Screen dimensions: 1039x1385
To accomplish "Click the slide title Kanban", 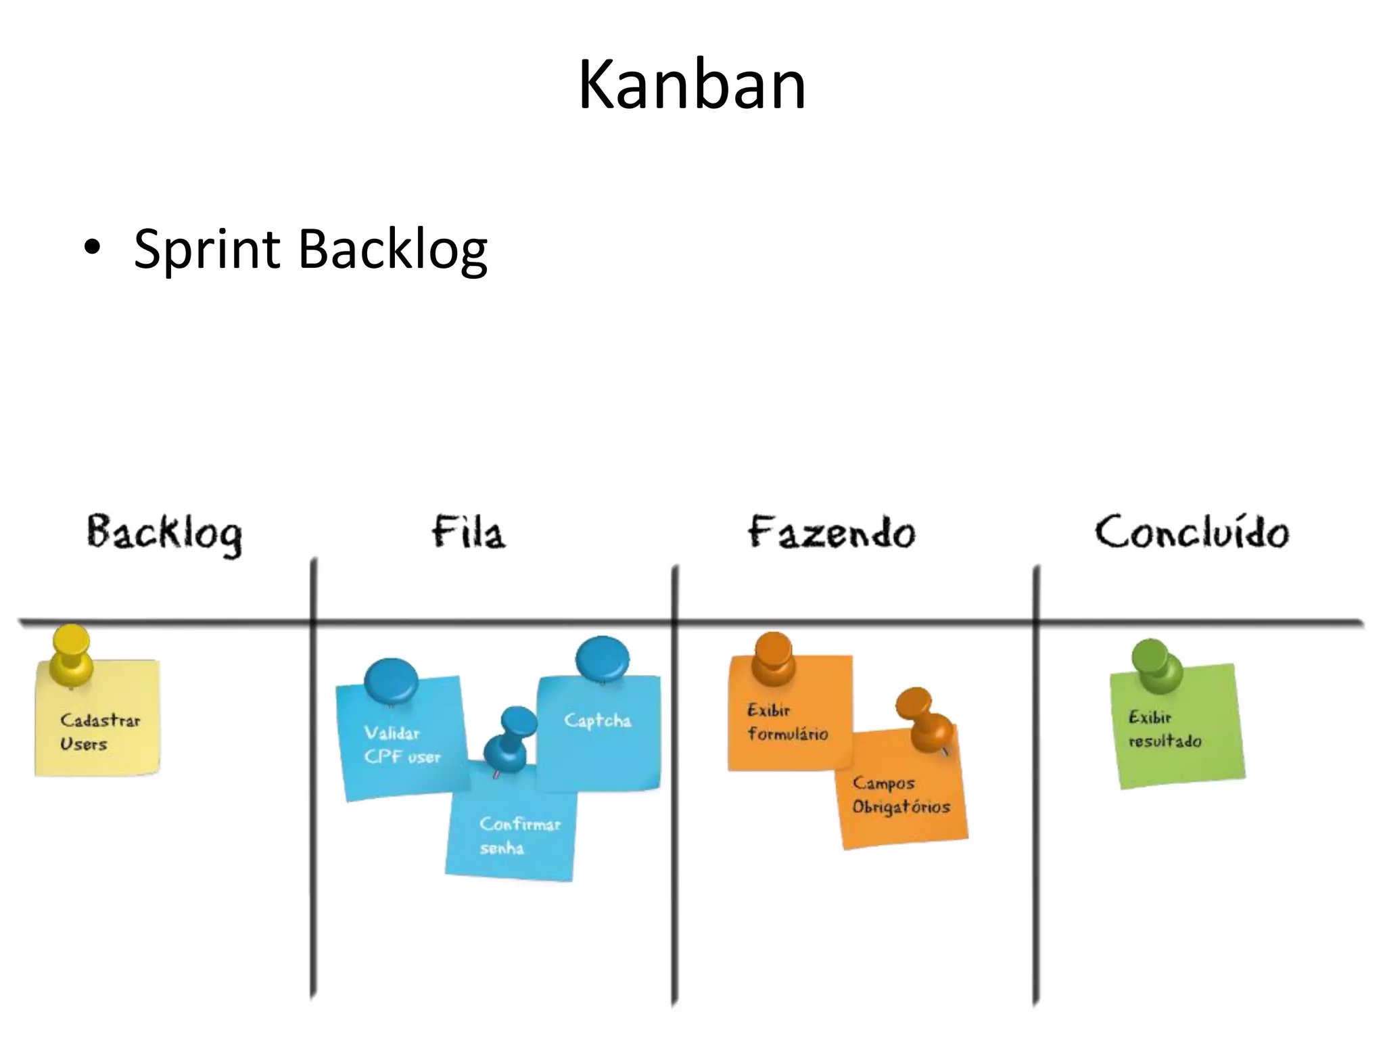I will pyautogui.click(x=692, y=85).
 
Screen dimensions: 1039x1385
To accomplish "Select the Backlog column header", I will pyautogui.click(x=164, y=534).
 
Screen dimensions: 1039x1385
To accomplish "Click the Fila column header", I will pyautogui.click(x=469, y=532).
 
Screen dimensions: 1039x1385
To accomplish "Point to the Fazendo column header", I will pyautogui.click(x=831, y=533).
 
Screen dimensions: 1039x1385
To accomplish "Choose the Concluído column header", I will pyautogui.click(x=1192, y=532).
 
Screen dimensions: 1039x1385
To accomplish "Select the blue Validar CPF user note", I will pyautogui.click(x=402, y=745).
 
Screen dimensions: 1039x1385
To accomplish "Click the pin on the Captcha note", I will pyautogui.click(x=602, y=657).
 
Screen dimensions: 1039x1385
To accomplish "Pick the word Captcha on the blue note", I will pyautogui.click(x=597, y=721).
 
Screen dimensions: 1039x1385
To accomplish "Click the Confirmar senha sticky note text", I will pyautogui.click(x=519, y=835).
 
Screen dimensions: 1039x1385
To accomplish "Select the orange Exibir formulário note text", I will pyautogui.click(x=787, y=722).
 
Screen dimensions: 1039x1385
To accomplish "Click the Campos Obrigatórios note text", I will pyautogui.click(x=900, y=795).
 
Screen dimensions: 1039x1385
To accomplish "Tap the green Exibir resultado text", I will pyautogui.click(x=1164, y=729).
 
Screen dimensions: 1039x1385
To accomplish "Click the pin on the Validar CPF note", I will pyautogui.click(x=391, y=680).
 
